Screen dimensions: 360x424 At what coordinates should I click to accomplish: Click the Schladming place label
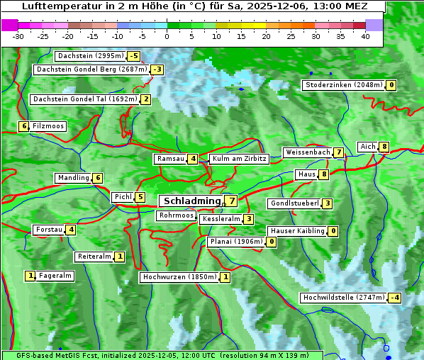[x=192, y=201]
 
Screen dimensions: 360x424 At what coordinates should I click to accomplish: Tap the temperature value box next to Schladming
[x=232, y=201]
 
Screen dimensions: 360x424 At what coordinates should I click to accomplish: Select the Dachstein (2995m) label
[x=90, y=56]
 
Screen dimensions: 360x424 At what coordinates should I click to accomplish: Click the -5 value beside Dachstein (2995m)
[x=133, y=56]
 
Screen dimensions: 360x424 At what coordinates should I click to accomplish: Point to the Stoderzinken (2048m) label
[x=343, y=85]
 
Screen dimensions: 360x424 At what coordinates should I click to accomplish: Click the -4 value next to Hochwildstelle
[x=394, y=298]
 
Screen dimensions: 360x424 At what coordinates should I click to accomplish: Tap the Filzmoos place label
[x=48, y=126]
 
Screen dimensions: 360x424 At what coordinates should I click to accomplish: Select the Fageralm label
[x=55, y=276]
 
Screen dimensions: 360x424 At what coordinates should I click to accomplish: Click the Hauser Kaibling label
[x=297, y=231]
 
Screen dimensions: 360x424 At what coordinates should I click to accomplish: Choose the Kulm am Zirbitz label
[x=239, y=159]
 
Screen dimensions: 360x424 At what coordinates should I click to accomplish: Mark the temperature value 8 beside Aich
[x=384, y=147]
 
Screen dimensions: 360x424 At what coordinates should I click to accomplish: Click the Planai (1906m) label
[x=236, y=242]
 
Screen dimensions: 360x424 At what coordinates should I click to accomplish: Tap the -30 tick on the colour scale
[x=18, y=35]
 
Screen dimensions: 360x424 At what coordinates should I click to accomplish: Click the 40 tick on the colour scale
[x=365, y=35]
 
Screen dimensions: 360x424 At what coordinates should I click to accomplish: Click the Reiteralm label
[x=94, y=257]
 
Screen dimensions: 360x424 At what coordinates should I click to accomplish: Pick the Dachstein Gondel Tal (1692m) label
[x=84, y=99]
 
